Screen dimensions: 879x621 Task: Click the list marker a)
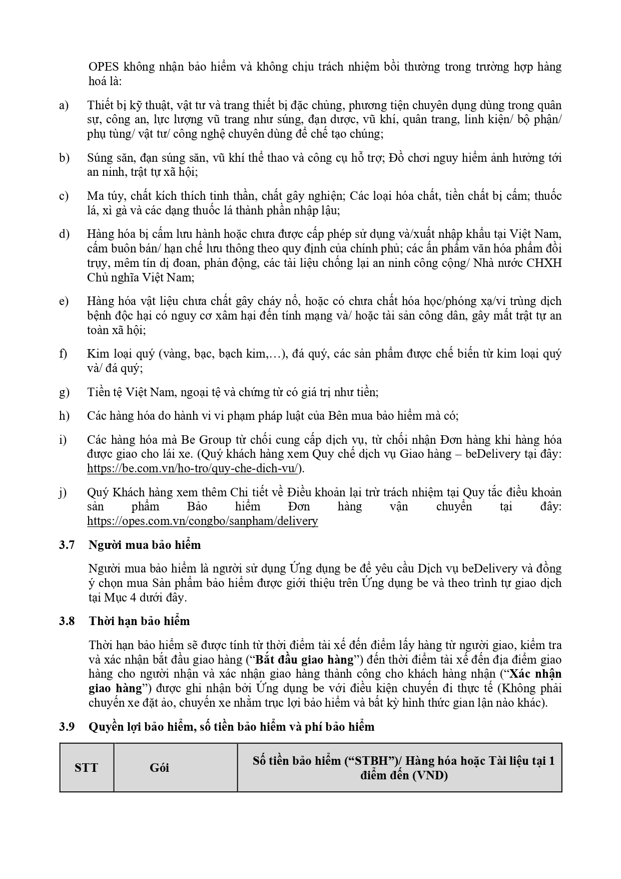pos(64,105)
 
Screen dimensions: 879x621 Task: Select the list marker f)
pos(63,354)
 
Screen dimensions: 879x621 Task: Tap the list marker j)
pos(63,492)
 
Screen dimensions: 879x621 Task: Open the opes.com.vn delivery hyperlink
pos(202,521)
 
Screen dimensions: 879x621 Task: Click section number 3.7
pos(67,545)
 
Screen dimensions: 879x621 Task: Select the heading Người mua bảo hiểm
pos(145,545)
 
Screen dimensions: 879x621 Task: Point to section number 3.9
pos(67,726)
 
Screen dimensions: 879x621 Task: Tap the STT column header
pos(86,767)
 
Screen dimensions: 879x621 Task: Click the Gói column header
pos(159,767)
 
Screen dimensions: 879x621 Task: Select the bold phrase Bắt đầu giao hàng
pos(306,659)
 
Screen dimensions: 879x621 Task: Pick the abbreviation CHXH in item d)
pos(544,263)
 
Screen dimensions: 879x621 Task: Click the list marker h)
pos(64,416)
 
